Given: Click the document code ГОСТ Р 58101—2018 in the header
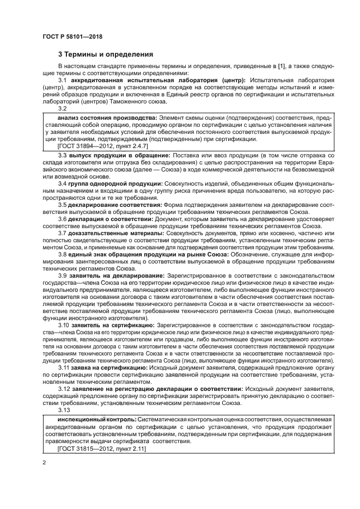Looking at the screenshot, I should coord(72,37).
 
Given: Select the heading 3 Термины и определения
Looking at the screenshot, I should coord(106,54).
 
